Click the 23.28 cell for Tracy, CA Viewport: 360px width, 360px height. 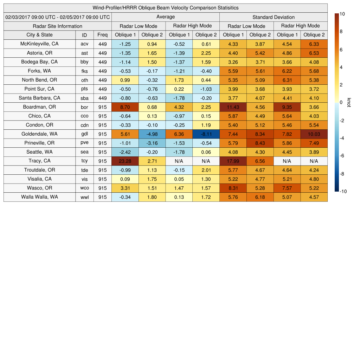(x=125, y=161)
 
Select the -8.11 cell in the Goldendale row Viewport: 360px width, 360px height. (x=206, y=134)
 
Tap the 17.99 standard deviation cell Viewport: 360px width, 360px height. (x=233, y=161)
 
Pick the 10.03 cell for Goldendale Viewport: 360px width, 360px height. (x=314, y=134)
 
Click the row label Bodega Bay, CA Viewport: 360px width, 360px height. (x=39, y=62)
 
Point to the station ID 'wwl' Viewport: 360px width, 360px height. (x=84, y=197)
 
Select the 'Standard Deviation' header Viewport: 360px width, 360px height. (x=274, y=17)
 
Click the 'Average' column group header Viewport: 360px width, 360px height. (x=165, y=17)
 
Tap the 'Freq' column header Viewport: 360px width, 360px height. (x=102, y=35)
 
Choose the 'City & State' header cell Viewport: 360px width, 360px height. (x=39, y=35)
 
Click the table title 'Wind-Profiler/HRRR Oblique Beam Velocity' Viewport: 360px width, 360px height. (x=165, y=8)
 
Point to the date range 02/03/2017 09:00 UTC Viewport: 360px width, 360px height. (x=58, y=17)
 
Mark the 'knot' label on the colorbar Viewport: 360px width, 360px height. (x=349, y=102)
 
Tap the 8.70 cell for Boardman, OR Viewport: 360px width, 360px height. (x=125, y=107)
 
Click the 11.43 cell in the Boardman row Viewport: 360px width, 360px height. (x=233, y=107)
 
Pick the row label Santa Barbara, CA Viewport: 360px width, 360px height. (x=39, y=98)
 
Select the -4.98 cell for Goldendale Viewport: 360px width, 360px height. (x=152, y=134)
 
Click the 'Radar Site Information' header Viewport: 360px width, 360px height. (x=57, y=26)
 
